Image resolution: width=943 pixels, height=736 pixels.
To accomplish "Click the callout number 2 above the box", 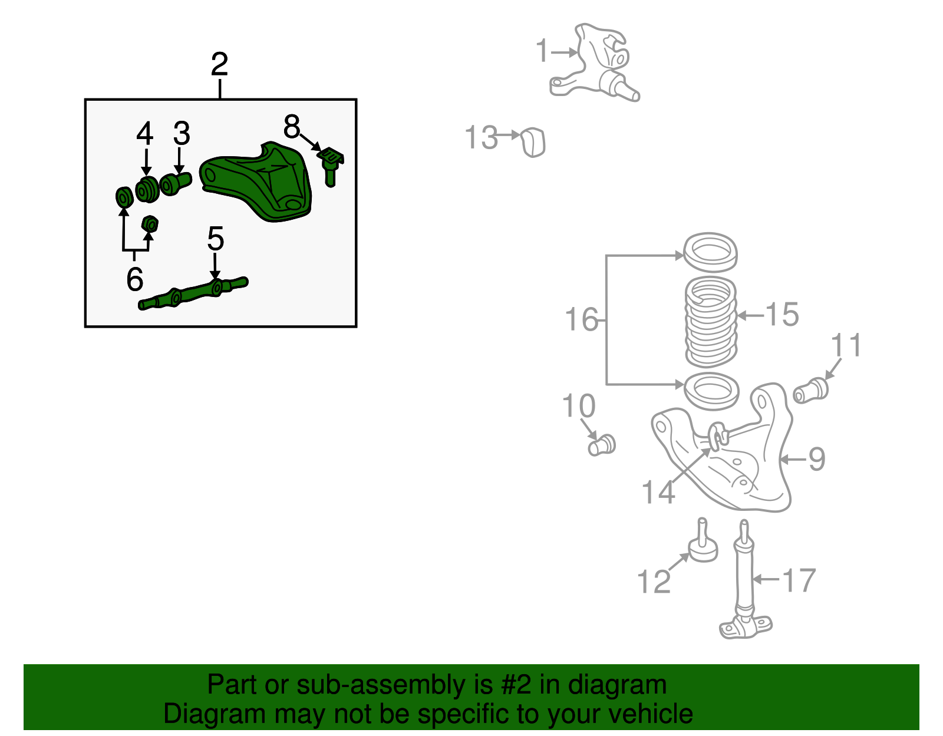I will (x=219, y=64).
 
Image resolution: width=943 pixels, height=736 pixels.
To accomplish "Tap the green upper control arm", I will (x=259, y=183).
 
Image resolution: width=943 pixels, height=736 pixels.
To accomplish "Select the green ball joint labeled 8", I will (x=331, y=165).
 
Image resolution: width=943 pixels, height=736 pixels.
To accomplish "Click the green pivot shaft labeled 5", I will (x=194, y=292).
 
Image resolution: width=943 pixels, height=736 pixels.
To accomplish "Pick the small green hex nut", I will (x=150, y=225).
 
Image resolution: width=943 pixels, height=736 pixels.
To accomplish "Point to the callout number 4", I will (x=145, y=134).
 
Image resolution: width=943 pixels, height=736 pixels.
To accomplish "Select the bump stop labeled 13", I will (x=533, y=142).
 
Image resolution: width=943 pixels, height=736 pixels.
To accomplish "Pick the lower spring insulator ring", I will (x=711, y=391).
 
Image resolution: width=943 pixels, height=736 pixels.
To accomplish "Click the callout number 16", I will (x=581, y=320).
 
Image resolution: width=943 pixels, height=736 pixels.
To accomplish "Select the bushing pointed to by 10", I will (x=602, y=444).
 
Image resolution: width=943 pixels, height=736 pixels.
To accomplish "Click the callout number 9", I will (x=816, y=459).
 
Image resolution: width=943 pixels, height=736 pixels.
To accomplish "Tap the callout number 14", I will (x=658, y=492).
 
